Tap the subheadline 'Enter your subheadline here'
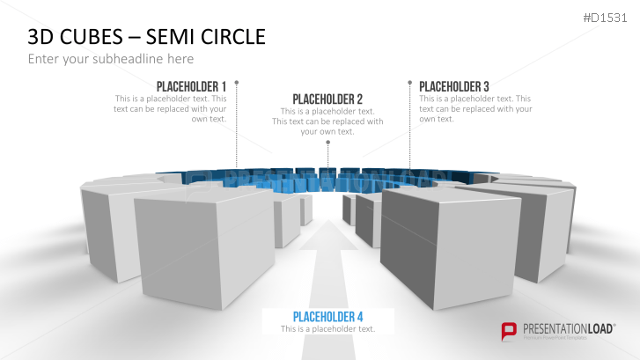click(x=110, y=59)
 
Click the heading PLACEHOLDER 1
click(x=191, y=86)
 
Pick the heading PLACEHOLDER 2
click(x=327, y=99)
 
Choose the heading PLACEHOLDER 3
click(x=454, y=86)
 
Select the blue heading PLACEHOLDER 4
click(x=327, y=316)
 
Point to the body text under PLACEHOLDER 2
click(x=327, y=121)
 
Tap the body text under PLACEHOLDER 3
click(x=475, y=108)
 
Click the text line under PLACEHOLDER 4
click(x=327, y=328)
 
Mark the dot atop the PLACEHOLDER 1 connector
click(x=237, y=83)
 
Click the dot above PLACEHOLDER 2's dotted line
click(x=327, y=141)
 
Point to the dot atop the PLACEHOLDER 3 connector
click(x=409, y=83)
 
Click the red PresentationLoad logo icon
click(x=508, y=331)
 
